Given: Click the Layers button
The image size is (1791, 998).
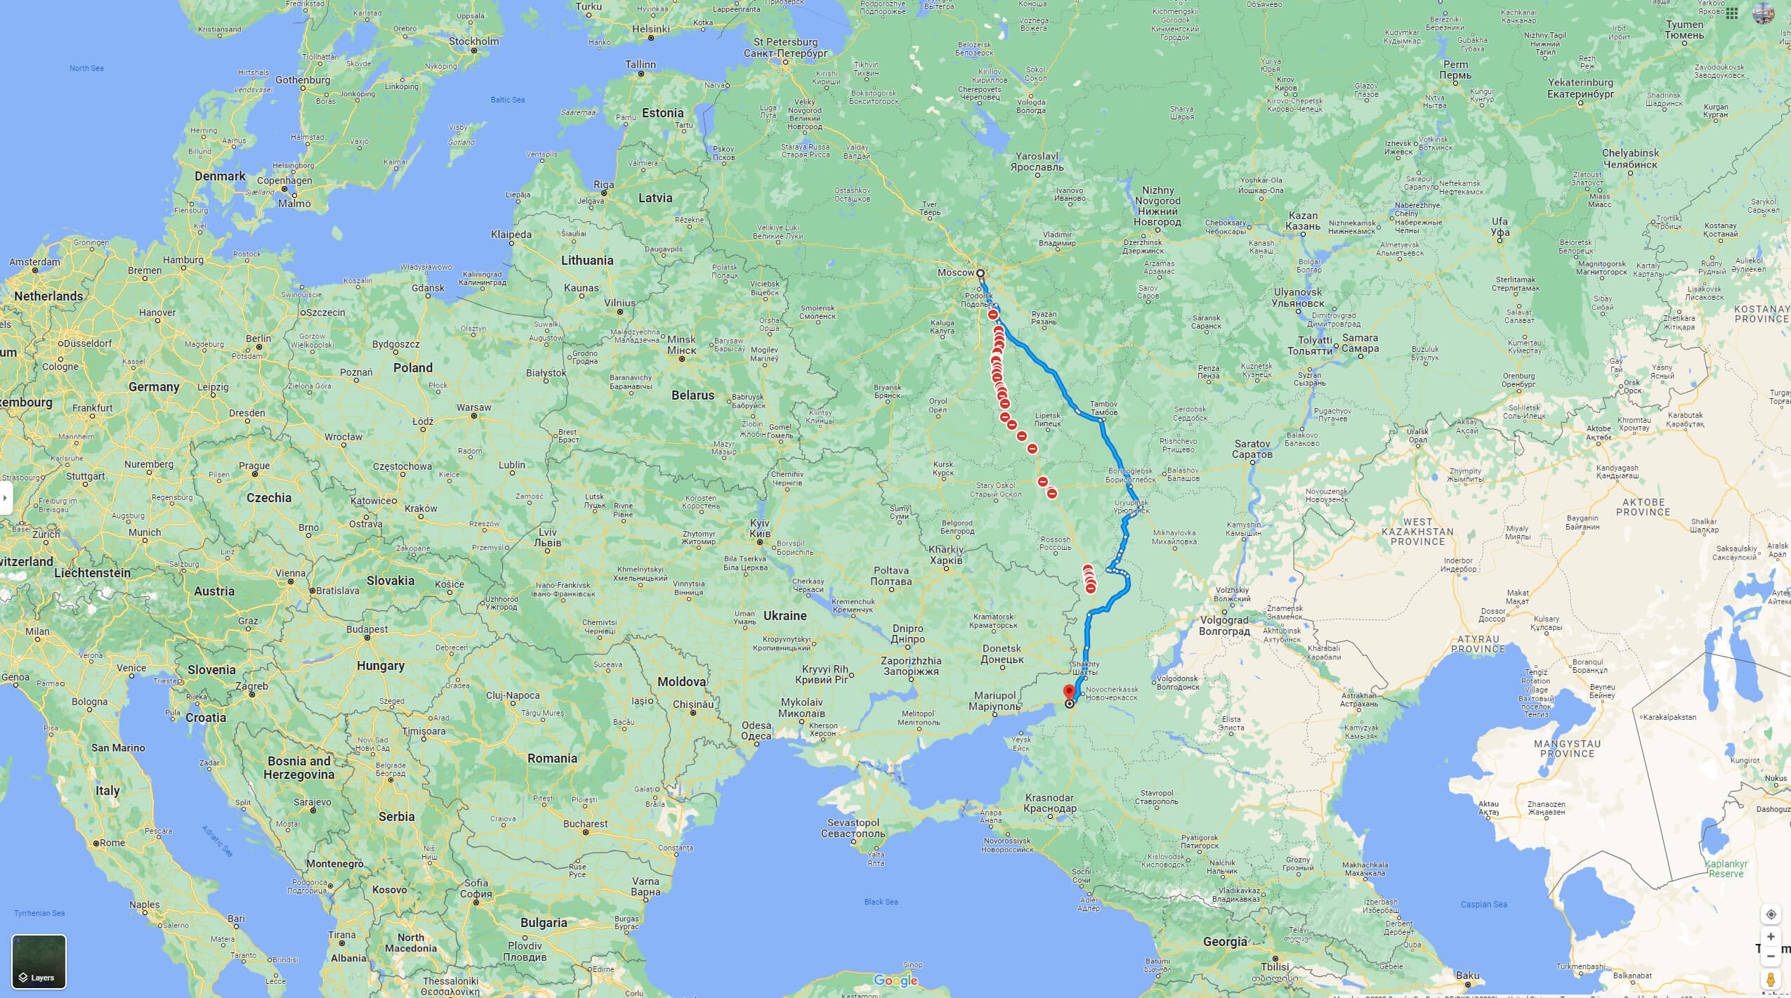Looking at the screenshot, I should point(39,961).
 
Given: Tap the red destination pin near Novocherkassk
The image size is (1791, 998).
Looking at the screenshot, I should point(1069,692).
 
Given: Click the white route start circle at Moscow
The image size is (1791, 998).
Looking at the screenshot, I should point(980,273).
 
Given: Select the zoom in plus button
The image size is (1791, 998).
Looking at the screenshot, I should point(1771,937).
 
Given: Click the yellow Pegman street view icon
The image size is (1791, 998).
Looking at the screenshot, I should point(1771,980).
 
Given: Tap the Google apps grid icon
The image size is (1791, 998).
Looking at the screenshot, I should point(1732,13).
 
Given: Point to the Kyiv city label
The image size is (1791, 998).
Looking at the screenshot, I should point(760,529).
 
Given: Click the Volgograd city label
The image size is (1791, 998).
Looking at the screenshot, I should point(1223,625).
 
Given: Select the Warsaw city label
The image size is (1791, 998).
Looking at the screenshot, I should point(474,407).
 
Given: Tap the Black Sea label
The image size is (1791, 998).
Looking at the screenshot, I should point(881,902).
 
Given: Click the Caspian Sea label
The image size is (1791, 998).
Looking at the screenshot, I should point(1483,904).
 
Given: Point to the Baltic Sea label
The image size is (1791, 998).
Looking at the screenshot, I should point(507,100).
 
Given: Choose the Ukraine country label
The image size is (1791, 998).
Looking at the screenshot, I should point(785,615).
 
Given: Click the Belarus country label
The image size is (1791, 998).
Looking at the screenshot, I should point(693,395).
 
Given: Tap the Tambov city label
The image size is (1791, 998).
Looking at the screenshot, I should point(1103,408).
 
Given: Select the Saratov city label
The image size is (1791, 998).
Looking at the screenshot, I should point(1252,449).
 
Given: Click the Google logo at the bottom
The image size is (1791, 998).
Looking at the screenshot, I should point(895,980).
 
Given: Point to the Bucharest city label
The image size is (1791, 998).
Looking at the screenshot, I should point(585,824).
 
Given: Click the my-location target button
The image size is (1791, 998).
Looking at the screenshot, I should point(1771,914).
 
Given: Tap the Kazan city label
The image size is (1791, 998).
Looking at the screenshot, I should point(1303,221).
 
